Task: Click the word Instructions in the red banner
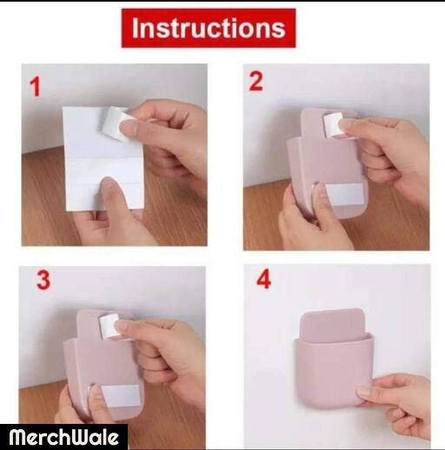209,28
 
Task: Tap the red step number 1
35,87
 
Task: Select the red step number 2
256,81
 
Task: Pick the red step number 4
264,279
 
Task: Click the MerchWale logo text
63,437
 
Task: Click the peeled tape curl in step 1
116,124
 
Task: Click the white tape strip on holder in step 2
344,194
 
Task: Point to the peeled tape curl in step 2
333,124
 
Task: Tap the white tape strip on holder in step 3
120,396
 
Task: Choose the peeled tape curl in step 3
110,326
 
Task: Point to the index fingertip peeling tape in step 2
348,125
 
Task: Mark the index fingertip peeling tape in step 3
124,326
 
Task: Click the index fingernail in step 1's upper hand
127,128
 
